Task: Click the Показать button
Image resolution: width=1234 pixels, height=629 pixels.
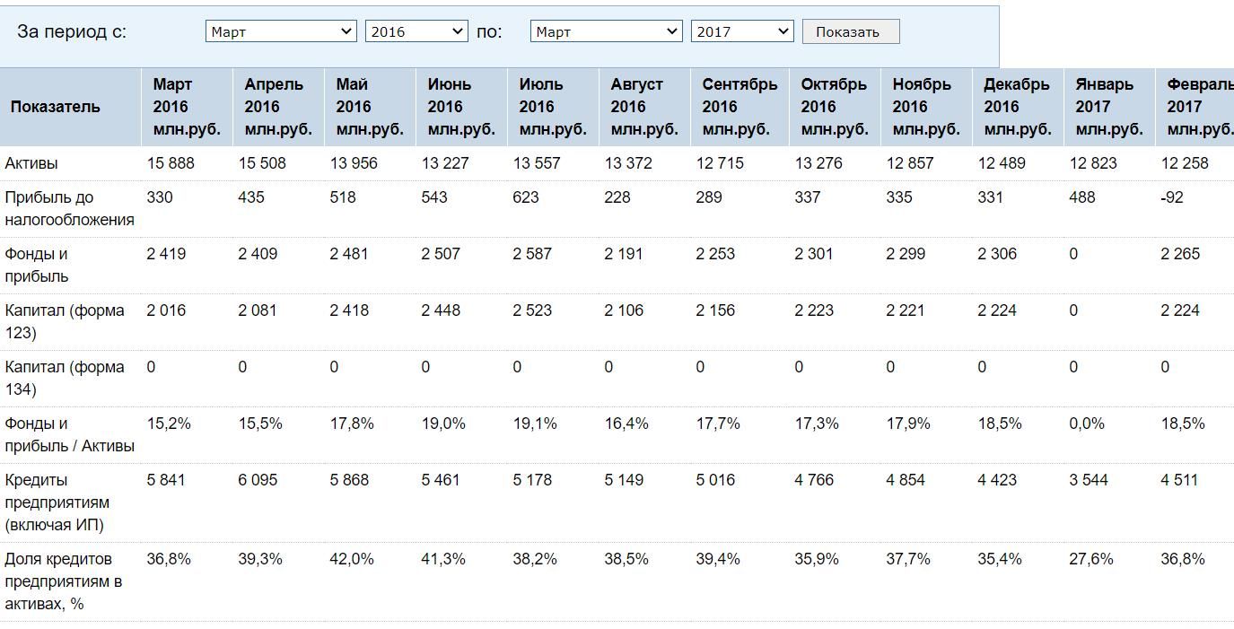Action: pyautogui.click(x=851, y=31)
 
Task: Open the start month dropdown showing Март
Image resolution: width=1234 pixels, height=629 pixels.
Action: pyautogui.click(x=281, y=31)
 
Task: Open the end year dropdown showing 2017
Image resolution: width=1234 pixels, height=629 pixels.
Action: pyautogui.click(x=742, y=31)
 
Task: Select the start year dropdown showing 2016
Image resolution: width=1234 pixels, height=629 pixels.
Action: pyautogui.click(x=416, y=31)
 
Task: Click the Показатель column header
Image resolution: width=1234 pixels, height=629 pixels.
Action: pyautogui.click(x=55, y=107)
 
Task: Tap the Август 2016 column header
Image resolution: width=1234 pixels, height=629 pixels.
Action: pyautogui.click(x=644, y=107)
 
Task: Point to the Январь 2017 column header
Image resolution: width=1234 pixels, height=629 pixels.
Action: pyautogui.click(x=1109, y=107)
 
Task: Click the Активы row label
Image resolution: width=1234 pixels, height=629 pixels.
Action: pyautogui.click(x=31, y=163)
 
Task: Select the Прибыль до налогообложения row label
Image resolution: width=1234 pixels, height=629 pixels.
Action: pyautogui.click(x=69, y=208)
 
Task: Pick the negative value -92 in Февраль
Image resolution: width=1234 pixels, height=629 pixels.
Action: pyautogui.click(x=1172, y=197)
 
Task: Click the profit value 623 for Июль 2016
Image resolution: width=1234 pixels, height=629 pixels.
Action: pyautogui.click(x=525, y=197)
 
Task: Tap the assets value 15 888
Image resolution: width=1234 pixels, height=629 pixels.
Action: pyautogui.click(x=171, y=163)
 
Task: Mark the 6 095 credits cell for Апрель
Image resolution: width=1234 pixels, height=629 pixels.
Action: pyautogui.click(x=258, y=480)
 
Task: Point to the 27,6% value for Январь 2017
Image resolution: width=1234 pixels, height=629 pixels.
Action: pyautogui.click(x=1090, y=559)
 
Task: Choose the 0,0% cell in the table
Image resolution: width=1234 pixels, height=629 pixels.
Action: pyautogui.click(x=1086, y=424)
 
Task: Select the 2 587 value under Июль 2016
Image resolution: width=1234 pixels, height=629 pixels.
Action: pyautogui.click(x=531, y=254)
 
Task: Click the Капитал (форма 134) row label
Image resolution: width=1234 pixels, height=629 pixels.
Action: pyautogui.click(x=65, y=378)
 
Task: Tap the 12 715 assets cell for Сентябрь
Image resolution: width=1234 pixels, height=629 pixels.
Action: pyautogui.click(x=720, y=163)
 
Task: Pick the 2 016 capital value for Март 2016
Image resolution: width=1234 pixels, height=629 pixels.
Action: pyautogui.click(x=166, y=310)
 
